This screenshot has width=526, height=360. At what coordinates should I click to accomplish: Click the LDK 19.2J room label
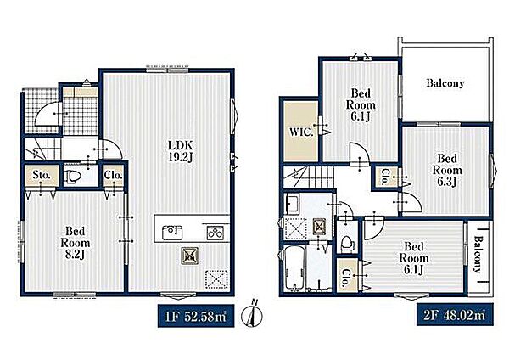(x=181, y=151)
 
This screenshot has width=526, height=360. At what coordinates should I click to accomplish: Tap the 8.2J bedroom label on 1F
(x=76, y=243)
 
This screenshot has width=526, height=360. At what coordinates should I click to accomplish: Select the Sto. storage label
(x=42, y=175)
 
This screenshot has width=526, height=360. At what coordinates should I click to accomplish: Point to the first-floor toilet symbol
(x=71, y=177)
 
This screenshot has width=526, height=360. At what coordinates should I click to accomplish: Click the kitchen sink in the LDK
(x=172, y=233)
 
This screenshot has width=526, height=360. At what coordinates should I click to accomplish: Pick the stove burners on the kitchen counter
(x=215, y=233)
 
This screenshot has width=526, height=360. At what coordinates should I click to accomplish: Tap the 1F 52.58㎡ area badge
(x=196, y=316)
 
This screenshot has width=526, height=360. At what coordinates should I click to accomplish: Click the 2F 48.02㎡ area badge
(x=455, y=315)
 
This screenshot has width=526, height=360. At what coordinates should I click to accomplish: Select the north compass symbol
(x=252, y=314)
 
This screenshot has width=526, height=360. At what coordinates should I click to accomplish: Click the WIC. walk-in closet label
(x=301, y=132)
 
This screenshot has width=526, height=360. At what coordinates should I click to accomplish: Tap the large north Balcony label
(x=445, y=83)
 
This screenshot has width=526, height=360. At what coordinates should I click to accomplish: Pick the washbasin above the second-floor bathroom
(x=292, y=204)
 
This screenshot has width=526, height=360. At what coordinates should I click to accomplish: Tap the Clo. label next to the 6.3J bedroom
(x=384, y=177)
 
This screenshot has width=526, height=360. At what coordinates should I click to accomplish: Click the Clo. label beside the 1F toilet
(x=113, y=175)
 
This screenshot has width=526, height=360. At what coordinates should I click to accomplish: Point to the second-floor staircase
(x=309, y=177)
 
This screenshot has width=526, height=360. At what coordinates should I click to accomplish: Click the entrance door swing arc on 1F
(x=47, y=114)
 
